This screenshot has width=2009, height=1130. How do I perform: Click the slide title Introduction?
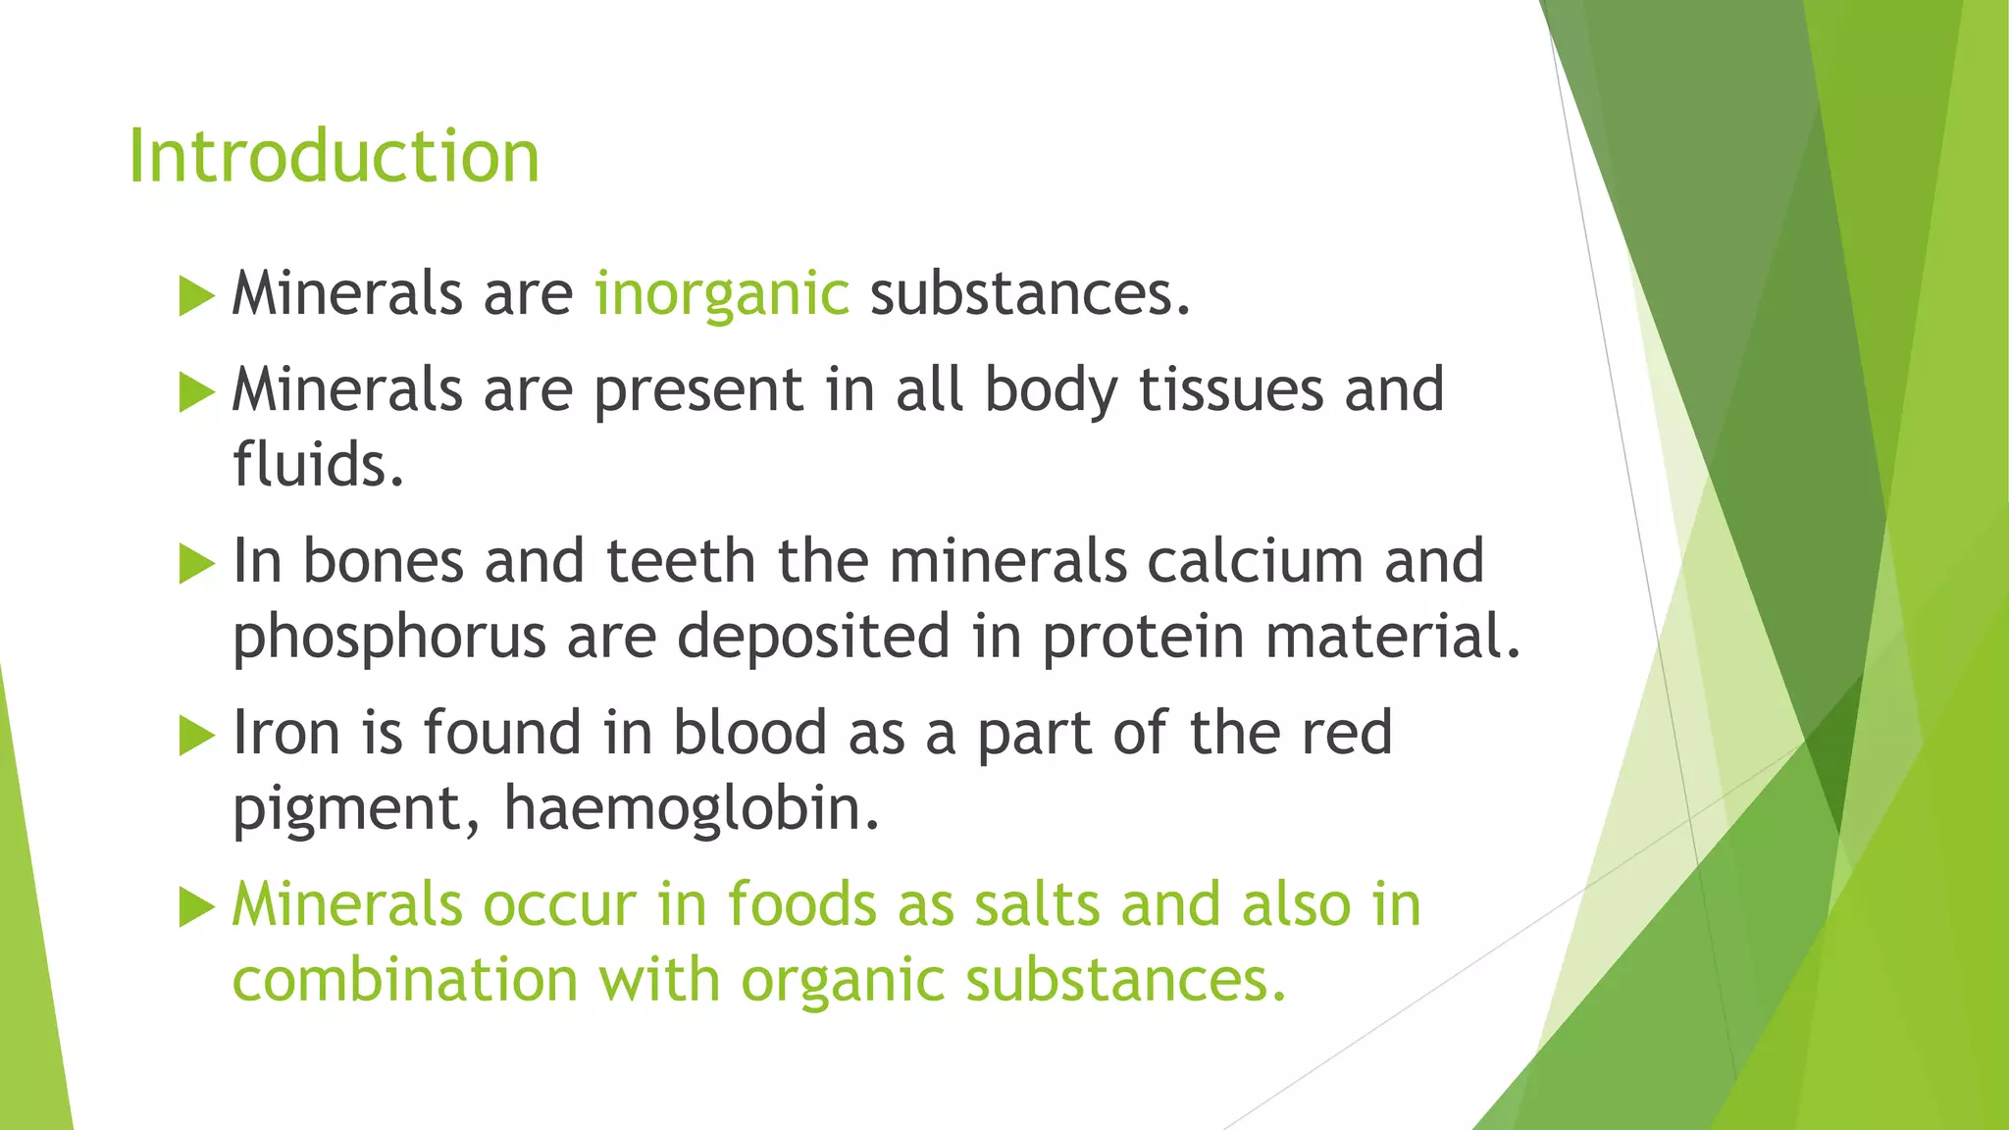pyautogui.click(x=334, y=157)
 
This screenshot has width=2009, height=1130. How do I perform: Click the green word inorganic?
pyautogui.click(x=721, y=294)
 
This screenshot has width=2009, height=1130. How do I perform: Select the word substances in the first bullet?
pyautogui.click(x=1029, y=294)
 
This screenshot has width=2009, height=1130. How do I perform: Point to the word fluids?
pyautogui.click(x=318, y=465)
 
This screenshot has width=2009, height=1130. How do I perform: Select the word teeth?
pyautogui.click(x=680, y=561)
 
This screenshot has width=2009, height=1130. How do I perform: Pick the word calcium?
pyautogui.click(x=1254, y=561)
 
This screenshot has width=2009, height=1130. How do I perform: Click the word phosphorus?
pyautogui.click(x=388, y=638)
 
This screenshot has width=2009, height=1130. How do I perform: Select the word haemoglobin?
pyautogui.click(x=692, y=809)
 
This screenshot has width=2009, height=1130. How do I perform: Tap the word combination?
pyautogui.click(x=404, y=980)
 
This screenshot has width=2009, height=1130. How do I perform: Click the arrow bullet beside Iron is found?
pyautogui.click(x=196, y=736)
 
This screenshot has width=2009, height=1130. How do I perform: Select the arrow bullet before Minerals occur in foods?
pyautogui.click(x=196, y=907)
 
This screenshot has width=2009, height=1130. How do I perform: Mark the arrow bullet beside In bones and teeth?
pyautogui.click(x=196, y=564)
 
